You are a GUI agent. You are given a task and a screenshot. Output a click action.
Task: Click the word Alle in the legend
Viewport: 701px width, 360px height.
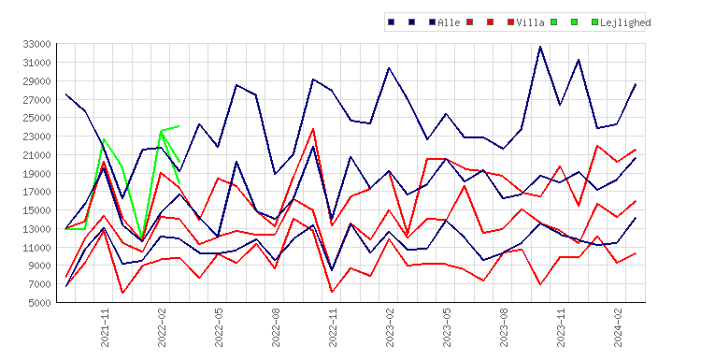pyautogui.click(x=449, y=22)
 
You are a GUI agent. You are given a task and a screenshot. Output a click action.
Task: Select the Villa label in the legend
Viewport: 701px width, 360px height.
pyautogui.click(x=530, y=22)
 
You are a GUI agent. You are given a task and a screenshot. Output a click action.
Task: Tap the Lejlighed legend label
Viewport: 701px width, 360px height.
pyautogui.click(x=625, y=22)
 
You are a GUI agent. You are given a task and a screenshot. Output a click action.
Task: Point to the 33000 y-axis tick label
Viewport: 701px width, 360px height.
pyautogui.click(x=37, y=44)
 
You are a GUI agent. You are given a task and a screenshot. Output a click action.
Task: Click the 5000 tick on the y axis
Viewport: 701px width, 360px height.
pyautogui.click(x=40, y=303)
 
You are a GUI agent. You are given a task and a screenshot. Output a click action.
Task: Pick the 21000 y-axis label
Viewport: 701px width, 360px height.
pyautogui.click(x=37, y=154)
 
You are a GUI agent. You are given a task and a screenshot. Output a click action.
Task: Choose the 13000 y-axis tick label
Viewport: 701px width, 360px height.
pyautogui.click(x=37, y=229)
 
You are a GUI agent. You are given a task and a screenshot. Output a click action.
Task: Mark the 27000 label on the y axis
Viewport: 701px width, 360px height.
pyautogui.click(x=37, y=99)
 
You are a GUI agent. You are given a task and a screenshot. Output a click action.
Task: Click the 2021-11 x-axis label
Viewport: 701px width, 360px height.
pyautogui.click(x=105, y=327)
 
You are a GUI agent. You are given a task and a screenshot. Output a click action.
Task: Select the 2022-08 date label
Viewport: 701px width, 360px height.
pyautogui.click(x=276, y=327)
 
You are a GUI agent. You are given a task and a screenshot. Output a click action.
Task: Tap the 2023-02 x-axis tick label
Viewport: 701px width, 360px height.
pyautogui.click(x=390, y=327)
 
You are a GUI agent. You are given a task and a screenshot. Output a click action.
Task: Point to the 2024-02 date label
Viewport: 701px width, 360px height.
pyautogui.click(x=618, y=327)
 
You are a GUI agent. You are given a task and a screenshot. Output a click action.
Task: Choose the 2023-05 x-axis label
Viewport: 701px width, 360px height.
pyautogui.click(x=447, y=327)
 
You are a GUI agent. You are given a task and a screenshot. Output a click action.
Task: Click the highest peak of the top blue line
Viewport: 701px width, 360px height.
pyautogui.click(x=540, y=46)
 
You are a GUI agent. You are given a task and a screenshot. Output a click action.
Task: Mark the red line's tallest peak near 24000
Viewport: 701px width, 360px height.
pyautogui.click(x=313, y=129)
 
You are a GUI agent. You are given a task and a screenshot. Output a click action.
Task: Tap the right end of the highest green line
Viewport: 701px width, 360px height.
pyautogui.click(x=179, y=126)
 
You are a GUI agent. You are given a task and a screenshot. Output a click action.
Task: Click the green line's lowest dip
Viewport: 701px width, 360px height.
pyautogui.click(x=142, y=239)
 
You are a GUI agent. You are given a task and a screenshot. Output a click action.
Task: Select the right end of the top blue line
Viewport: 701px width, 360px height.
pyautogui.click(x=636, y=84)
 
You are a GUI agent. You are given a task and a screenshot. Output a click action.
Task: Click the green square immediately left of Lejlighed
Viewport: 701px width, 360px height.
pyautogui.click(x=594, y=22)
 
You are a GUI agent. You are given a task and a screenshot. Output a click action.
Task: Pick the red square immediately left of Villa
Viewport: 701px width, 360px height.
pyautogui.click(x=510, y=22)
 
